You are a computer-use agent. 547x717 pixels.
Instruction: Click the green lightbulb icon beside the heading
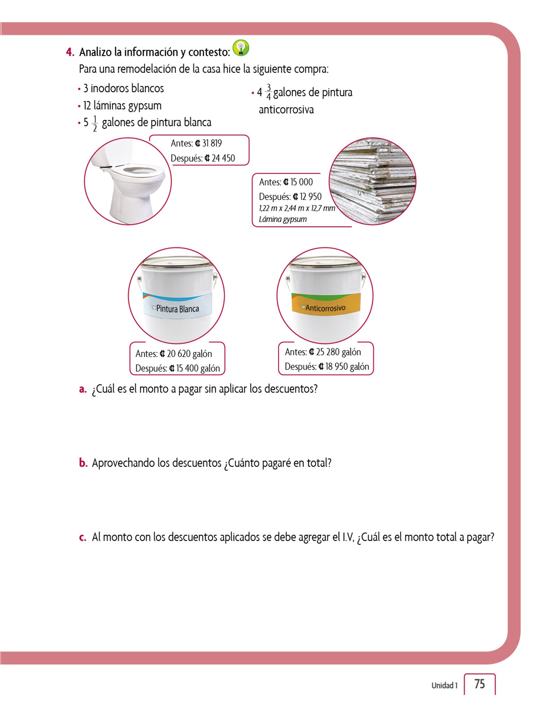coord(241,48)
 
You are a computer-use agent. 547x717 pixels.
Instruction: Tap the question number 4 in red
coord(70,53)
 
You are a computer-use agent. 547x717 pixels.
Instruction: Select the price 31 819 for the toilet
coord(212,144)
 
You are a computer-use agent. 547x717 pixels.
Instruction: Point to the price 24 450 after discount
coord(223,158)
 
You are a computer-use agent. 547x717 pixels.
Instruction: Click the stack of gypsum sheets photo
coord(372,181)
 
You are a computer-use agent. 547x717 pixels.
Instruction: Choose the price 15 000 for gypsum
coord(301,182)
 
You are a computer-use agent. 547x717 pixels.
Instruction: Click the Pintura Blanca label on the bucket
coord(177,308)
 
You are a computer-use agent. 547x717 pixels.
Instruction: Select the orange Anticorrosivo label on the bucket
coord(325,308)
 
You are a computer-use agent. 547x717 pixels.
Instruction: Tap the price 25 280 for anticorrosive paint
coord(328,352)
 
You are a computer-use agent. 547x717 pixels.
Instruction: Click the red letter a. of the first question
coord(83,389)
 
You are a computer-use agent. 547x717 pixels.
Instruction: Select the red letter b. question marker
coord(83,463)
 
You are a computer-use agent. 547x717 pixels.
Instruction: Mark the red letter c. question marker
coord(83,537)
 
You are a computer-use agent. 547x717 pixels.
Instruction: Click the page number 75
coord(479,684)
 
